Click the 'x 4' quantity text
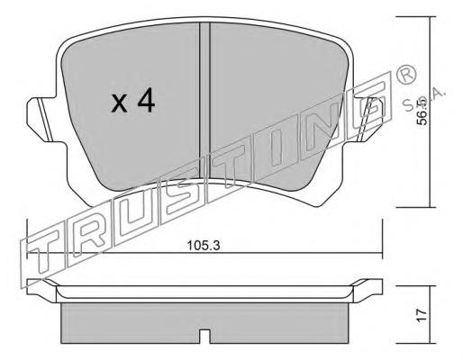(133, 102)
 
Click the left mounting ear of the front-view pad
(40, 116)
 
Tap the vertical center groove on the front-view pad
(204, 108)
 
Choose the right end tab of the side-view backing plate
(370, 289)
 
